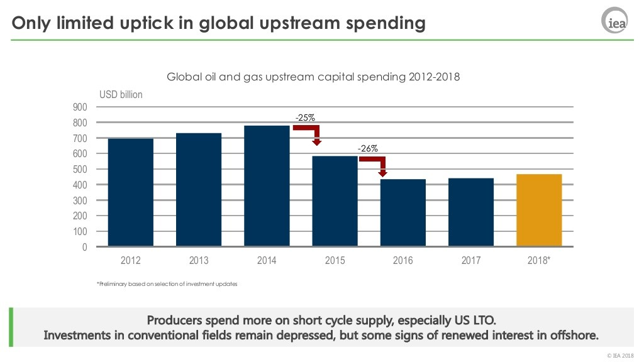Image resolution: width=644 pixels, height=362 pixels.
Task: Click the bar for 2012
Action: pos(131,192)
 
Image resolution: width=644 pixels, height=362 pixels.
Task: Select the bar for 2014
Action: pos(267,186)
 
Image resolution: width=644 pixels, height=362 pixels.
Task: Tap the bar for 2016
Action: pos(403,213)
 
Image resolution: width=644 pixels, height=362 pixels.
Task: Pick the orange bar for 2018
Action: pos(539,211)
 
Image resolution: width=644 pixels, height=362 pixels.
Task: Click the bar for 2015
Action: pos(335,201)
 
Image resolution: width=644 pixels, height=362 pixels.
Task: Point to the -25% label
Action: pos(305,117)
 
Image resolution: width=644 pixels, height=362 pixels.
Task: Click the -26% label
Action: pos(367,148)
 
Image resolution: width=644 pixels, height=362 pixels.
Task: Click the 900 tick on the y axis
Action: pos(80,107)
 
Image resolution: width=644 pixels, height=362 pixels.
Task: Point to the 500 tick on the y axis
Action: pos(80,169)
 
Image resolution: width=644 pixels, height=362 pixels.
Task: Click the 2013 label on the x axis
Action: pos(199,261)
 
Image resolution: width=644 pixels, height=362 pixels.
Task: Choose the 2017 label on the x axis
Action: pos(471,261)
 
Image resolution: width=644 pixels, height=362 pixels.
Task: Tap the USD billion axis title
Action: pos(121,94)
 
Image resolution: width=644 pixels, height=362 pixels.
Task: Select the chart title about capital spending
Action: pos(313,77)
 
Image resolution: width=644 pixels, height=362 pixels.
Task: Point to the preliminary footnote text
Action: pos(167,284)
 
